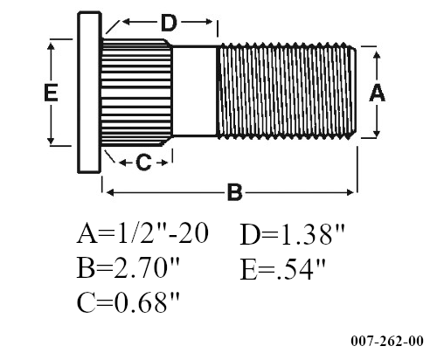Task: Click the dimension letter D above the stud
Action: (170, 21)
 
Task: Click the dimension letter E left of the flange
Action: (52, 93)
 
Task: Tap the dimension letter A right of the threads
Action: (378, 93)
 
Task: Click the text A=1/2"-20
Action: (142, 236)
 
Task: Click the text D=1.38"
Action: (293, 236)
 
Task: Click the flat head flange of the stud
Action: (89, 92)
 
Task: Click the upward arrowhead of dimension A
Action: (378, 54)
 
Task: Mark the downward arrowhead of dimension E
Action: (52, 140)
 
